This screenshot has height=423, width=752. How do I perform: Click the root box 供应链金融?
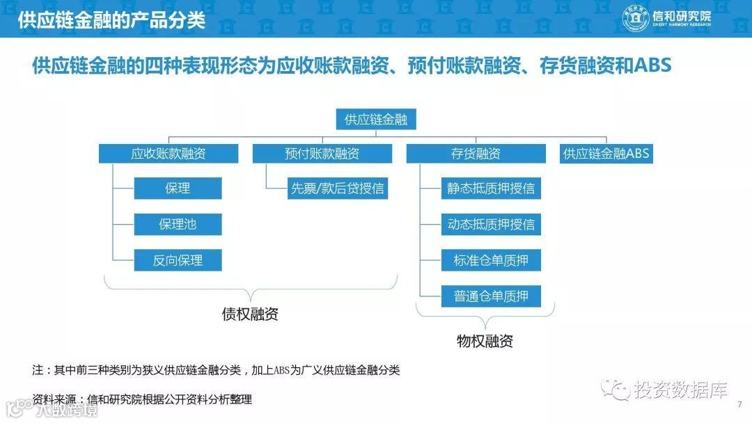tap(376, 120)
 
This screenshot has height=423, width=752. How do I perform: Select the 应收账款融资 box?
tap(169, 154)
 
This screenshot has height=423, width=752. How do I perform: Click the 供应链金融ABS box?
tap(606, 154)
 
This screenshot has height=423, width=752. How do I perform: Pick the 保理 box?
tap(178, 189)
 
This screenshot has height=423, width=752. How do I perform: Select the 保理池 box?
tap(178, 225)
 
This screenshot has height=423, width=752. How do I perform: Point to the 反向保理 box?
tap(178, 261)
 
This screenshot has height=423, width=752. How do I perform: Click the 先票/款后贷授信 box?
tap(337, 189)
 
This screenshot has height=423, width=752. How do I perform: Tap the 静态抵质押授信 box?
tap(491, 189)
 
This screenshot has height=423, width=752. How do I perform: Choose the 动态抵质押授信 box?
tap(491, 225)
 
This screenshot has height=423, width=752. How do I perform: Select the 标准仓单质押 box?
tap(491, 261)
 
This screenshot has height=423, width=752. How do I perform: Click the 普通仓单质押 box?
tap(491, 296)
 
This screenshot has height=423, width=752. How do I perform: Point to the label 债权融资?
tap(250, 314)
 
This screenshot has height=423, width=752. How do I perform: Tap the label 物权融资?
tap(485, 341)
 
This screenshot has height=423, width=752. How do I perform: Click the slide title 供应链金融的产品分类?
tap(111, 19)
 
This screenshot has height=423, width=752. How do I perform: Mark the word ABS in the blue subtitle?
tap(652, 66)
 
